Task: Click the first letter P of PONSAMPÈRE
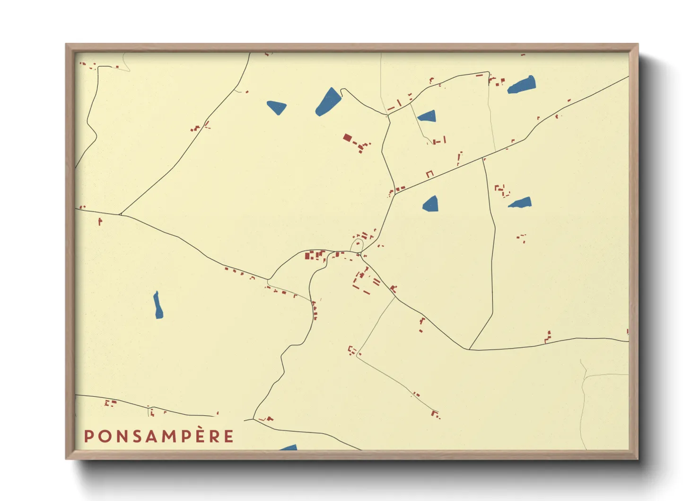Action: tap(88, 436)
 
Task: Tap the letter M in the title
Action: tap(169, 436)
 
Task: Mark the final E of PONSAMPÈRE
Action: tap(229, 436)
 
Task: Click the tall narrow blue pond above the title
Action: tap(158, 305)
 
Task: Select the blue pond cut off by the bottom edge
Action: tap(289, 447)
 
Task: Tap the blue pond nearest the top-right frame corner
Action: tap(522, 85)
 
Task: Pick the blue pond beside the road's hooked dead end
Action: tap(328, 101)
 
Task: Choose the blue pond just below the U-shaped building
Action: tap(430, 204)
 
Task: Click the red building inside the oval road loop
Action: tap(358, 244)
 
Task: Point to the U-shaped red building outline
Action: tap(429, 174)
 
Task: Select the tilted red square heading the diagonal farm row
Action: tap(347, 138)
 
